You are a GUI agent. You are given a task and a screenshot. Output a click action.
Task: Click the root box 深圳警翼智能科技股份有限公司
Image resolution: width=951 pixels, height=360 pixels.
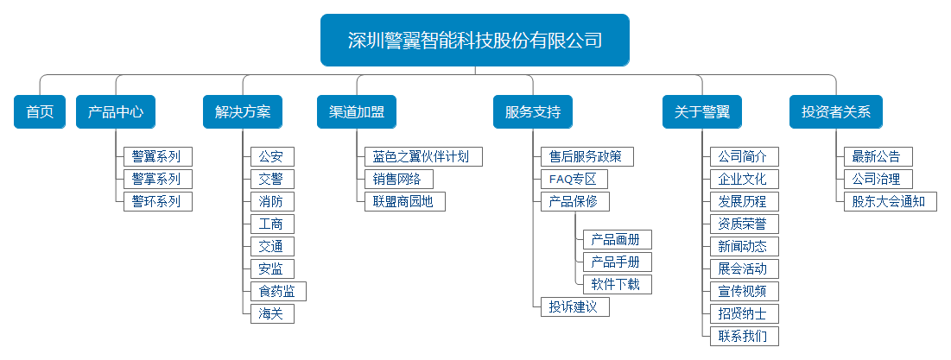coord(474,41)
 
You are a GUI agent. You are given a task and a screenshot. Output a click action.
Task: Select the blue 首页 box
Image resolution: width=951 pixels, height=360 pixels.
coord(40,111)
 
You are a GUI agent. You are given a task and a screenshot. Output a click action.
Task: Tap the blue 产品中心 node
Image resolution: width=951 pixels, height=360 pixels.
coord(115,111)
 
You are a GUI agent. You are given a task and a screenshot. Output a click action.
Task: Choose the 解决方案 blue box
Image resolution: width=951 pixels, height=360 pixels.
coord(243,111)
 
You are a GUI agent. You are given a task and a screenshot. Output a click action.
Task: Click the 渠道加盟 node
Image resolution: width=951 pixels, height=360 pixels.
coord(357,111)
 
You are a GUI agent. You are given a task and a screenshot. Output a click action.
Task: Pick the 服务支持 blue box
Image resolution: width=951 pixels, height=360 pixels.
coord(532,111)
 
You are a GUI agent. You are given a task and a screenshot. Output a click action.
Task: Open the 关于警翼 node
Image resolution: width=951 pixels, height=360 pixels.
coord(701,111)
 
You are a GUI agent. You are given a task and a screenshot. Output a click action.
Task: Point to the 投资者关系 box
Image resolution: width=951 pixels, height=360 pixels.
coord(835,111)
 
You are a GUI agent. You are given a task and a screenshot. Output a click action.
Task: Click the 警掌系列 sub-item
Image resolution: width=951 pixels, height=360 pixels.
coord(156,179)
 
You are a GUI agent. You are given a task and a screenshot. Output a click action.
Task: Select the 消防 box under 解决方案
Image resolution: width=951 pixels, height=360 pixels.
coord(271,201)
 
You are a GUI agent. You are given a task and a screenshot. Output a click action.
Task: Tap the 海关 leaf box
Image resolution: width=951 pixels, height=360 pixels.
coord(271,313)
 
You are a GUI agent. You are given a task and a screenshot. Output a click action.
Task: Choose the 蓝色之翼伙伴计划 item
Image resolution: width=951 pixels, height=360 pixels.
coord(422,156)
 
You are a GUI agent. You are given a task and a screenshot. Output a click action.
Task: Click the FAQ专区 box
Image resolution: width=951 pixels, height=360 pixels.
coord(573,179)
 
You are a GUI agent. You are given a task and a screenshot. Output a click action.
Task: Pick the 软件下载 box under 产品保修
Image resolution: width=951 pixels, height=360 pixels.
coord(616,284)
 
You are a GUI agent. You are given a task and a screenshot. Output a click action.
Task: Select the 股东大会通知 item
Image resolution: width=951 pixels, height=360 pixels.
coord(889,201)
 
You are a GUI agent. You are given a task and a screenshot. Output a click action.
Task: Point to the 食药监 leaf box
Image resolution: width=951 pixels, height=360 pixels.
coord(277,291)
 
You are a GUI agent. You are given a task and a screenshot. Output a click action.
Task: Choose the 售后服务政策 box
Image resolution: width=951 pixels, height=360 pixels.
coord(586,156)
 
